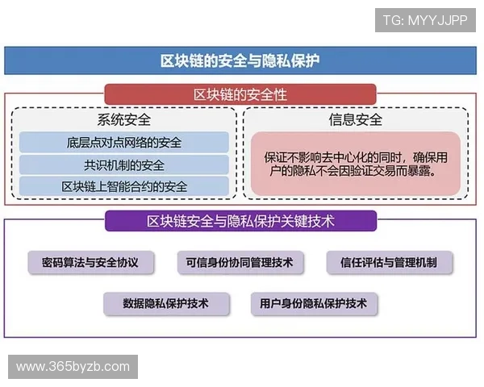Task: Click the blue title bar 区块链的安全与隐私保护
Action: [242, 60]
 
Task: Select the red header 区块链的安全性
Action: [240, 95]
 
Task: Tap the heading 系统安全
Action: [124, 120]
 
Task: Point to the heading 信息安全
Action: [355, 120]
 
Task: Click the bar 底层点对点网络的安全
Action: [124, 143]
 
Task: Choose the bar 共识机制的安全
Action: [124, 165]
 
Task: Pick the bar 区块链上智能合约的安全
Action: [124, 187]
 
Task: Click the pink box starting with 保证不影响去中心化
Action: [355, 164]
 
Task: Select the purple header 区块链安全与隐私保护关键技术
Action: [240, 220]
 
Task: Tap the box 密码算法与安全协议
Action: [85, 262]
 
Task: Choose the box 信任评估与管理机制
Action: [390, 262]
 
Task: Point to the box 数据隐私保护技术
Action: [166, 304]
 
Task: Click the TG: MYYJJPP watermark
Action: [425, 19]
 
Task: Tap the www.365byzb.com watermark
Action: [73, 367]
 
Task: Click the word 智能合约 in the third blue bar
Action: [142, 187]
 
